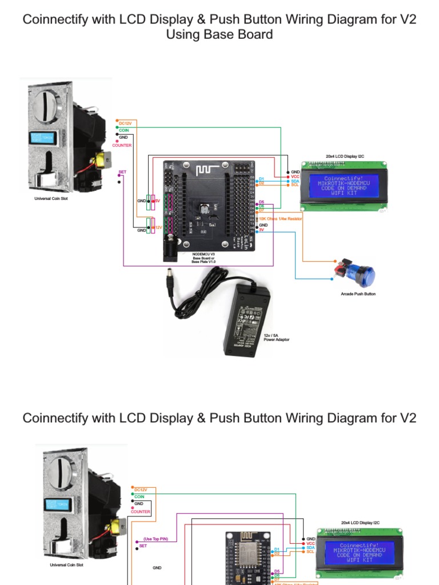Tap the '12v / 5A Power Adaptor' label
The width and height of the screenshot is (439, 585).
pos(277,338)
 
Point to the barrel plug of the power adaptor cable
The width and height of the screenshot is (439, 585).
pos(170,283)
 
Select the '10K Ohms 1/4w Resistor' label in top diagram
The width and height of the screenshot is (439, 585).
pos(281,218)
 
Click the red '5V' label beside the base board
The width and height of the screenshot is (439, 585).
pos(157,201)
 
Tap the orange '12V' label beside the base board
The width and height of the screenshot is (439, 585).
pos(157,227)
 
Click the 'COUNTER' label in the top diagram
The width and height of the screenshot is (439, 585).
pos(122,145)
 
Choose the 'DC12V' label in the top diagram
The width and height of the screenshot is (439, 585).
pos(125,123)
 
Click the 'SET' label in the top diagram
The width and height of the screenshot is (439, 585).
pos(122,172)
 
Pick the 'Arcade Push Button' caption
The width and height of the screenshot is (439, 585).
pos(358,294)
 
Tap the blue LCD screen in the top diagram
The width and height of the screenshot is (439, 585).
pos(344,186)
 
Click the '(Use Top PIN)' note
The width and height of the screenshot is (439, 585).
pos(155,539)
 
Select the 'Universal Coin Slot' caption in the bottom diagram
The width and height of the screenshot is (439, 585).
pos(66,564)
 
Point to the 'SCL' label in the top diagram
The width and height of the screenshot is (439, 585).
pos(295,185)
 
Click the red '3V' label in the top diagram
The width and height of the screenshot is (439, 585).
pos(261,230)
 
